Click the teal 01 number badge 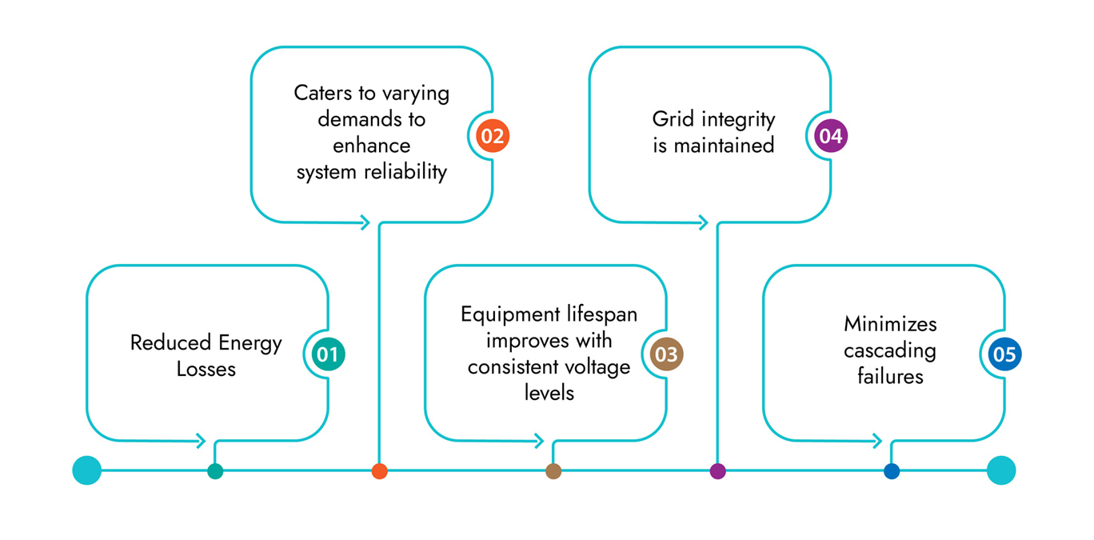pos(328,354)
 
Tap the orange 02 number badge pos(493,136)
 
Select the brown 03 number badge pos(666,354)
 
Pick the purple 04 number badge pos(831,136)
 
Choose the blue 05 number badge pos(1004,354)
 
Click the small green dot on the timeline pos(215,471)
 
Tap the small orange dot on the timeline pos(380,471)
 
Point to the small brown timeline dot pos(553,471)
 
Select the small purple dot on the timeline pos(717,471)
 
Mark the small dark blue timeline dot pos(892,471)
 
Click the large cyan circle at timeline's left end pos(87,470)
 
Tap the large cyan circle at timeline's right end pos(1001,470)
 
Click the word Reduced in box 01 pos(170,342)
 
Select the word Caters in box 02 pos(323,93)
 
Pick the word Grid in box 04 pos(673,118)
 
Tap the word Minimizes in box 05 pos(890,324)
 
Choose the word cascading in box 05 pos(890,351)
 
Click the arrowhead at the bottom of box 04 pos(703,222)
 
